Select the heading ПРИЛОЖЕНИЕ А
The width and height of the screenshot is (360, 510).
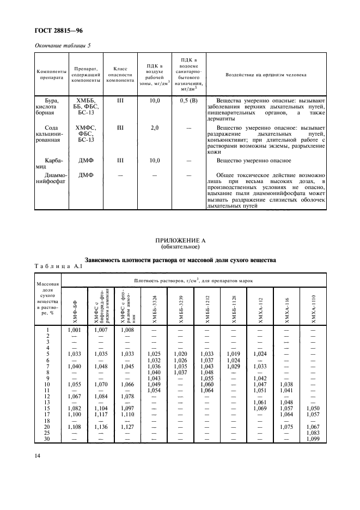[180, 239]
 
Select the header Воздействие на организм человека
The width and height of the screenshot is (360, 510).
[266, 74]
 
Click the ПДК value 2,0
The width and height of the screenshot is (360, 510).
[154, 128]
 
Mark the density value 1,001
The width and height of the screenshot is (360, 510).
[75, 330]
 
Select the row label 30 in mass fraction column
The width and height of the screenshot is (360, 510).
[48, 439]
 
